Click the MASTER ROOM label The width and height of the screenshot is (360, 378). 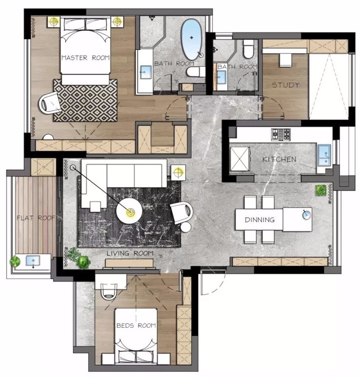click(86, 58)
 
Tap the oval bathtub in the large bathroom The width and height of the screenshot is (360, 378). click(191, 39)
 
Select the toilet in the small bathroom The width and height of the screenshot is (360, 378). click(249, 49)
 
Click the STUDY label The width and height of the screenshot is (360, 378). click(286, 85)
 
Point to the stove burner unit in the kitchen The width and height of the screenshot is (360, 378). click(281, 134)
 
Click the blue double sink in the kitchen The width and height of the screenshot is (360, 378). click(324, 155)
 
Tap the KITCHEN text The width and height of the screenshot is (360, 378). click(279, 159)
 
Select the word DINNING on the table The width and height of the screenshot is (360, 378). click(260, 220)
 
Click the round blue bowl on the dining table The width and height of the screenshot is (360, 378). click(307, 214)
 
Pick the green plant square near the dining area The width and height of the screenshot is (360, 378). click(321, 190)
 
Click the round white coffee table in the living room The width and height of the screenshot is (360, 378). click(129, 211)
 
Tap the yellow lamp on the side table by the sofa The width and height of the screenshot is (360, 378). click(178, 172)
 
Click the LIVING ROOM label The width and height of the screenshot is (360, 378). click(130, 253)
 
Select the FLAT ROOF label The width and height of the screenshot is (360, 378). click(36, 218)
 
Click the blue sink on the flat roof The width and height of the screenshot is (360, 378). click(33, 261)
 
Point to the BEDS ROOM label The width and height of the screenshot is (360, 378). click(136, 326)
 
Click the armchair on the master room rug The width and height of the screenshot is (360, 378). click(50, 103)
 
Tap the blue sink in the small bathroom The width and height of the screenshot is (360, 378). click(222, 77)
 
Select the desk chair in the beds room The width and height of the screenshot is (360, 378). click(109, 291)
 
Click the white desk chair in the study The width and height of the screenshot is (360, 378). click(286, 60)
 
